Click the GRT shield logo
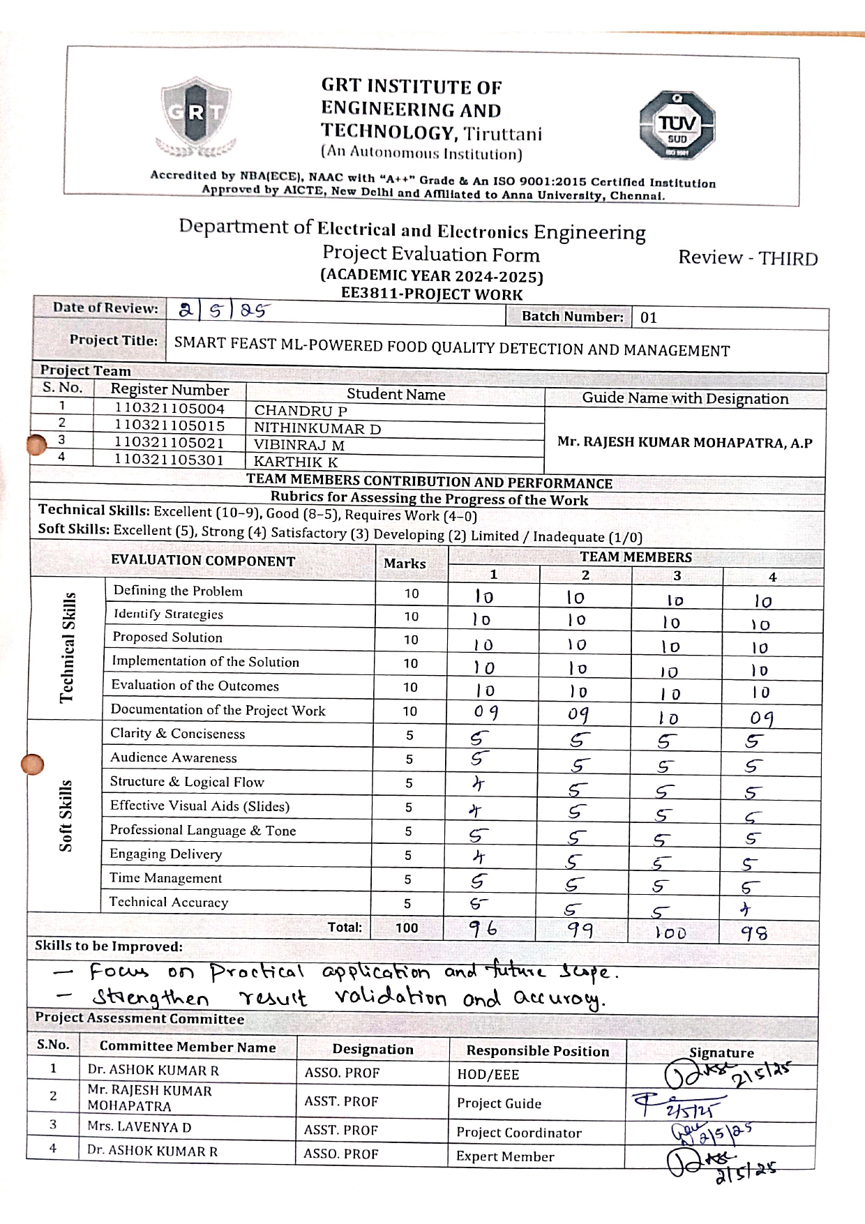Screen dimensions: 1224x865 196,115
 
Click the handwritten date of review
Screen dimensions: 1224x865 224,310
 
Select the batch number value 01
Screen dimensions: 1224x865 649,318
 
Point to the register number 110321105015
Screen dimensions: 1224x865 170,425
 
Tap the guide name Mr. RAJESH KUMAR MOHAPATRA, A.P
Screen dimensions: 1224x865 684,442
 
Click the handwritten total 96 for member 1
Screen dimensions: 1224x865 483,928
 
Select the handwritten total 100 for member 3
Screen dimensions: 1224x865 671,932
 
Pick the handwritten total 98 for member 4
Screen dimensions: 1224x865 754,933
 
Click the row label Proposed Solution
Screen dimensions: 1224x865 167,637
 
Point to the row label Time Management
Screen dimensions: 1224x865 165,878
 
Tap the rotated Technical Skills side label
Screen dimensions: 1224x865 67,647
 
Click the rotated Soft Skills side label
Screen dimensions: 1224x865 66,815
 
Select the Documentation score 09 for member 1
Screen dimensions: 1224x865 486,712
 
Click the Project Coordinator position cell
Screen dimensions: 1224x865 518,1133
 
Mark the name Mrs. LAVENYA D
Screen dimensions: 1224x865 140,1127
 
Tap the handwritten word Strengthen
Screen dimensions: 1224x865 151,999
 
